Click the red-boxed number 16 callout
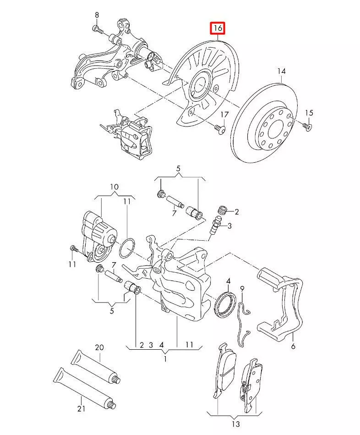[x=217, y=28]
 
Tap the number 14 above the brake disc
[x=281, y=71]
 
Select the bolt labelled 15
[x=308, y=126]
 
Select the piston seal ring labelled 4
[x=226, y=303]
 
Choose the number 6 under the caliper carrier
[x=293, y=347]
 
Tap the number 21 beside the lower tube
[x=81, y=408]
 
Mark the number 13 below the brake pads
[x=235, y=424]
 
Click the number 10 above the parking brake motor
[x=114, y=187]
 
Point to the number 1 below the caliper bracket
[x=165, y=359]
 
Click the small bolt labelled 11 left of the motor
[x=74, y=249]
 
